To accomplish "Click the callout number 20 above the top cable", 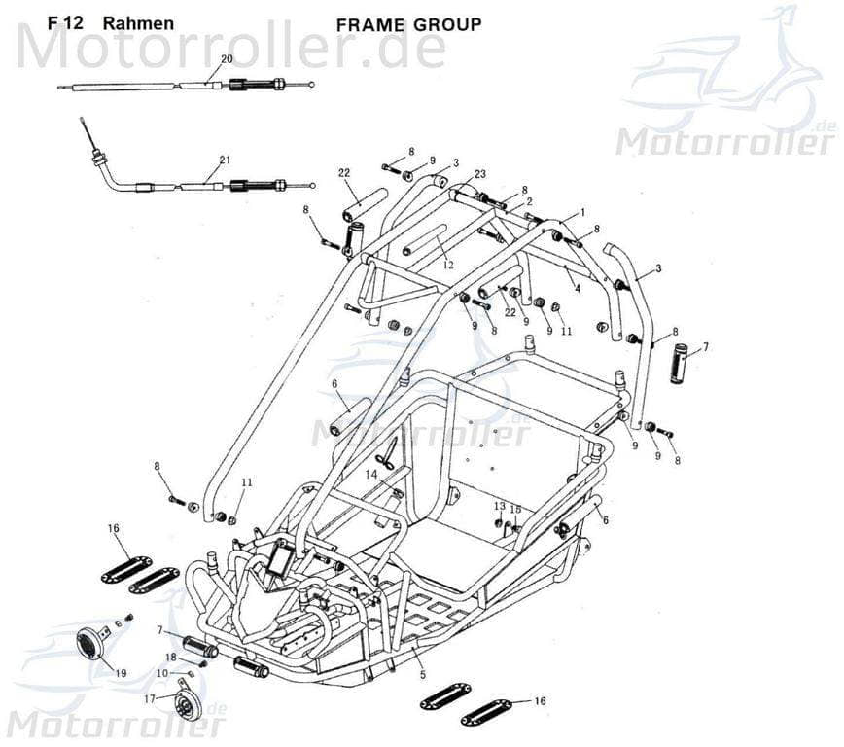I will pos(227,59).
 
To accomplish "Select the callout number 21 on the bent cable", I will pos(225,160).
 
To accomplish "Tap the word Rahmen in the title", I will pos(138,23).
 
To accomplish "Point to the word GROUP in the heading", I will pos(446,24).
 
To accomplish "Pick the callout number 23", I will pos(479,174).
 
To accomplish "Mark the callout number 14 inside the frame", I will pos(371,474).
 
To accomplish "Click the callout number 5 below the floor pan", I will pos(422,674).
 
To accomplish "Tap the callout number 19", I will pos(121,673).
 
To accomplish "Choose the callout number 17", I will pos(149,698).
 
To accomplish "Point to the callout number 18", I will pos(170,658).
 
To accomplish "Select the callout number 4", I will pos(577,288).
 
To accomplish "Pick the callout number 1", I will pos(581,211).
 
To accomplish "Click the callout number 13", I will pos(499,506).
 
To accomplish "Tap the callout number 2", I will pos(528,201).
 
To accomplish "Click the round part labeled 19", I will pos(91,643).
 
